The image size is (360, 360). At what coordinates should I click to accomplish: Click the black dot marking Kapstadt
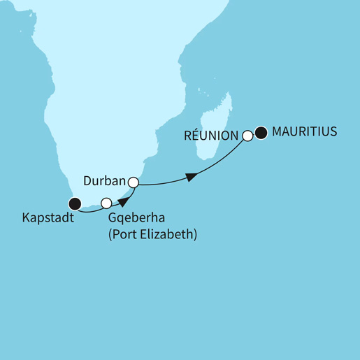(74, 203)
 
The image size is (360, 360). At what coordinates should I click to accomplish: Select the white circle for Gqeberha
(106, 203)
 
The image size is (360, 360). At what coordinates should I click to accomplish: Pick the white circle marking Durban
(133, 182)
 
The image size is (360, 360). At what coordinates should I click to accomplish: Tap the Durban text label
(104, 181)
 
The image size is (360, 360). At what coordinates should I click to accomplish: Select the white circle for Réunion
(247, 135)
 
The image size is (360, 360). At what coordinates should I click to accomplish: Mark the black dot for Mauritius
(261, 131)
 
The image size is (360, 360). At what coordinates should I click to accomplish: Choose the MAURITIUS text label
(305, 131)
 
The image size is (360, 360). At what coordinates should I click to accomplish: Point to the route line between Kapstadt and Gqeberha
(89, 209)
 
